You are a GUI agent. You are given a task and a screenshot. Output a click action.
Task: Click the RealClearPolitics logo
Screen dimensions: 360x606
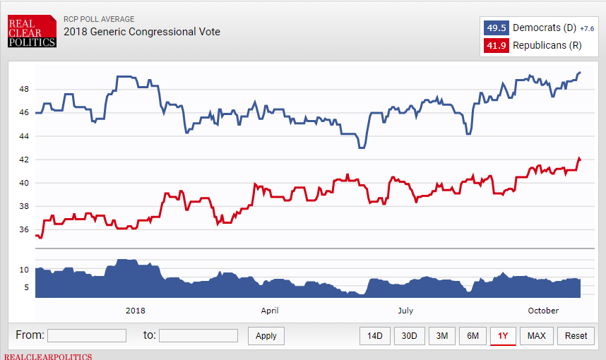tap(32, 32)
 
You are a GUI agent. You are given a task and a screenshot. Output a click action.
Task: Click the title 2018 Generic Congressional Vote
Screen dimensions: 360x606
tap(142, 32)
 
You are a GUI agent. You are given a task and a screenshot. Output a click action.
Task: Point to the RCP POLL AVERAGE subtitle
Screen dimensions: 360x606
tap(99, 20)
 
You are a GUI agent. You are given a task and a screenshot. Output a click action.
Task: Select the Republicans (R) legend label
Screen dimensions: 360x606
tap(547, 45)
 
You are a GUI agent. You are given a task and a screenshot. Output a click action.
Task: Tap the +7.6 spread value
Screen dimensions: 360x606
tap(587, 29)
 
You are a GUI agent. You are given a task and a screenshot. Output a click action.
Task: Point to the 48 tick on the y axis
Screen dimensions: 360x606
tap(24, 89)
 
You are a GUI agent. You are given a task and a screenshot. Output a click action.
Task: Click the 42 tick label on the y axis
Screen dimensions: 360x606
tap(24, 160)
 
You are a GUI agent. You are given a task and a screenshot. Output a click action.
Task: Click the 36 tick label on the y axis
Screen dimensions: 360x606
tap(24, 229)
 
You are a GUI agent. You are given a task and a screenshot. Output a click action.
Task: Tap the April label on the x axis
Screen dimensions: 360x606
tap(270, 311)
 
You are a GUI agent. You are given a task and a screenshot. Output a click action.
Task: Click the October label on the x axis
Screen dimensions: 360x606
tap(543, 311)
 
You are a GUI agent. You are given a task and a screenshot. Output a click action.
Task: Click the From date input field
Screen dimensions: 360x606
tap(87, 335)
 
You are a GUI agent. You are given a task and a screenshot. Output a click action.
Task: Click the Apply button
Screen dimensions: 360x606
tap(266, 336)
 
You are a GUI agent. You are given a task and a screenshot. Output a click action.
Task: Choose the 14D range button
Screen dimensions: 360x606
tap(374, 336)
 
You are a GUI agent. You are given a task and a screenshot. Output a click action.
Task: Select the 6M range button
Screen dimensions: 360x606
tap(473, 336)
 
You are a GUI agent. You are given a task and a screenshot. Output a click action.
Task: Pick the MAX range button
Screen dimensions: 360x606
tap(536, 336)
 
